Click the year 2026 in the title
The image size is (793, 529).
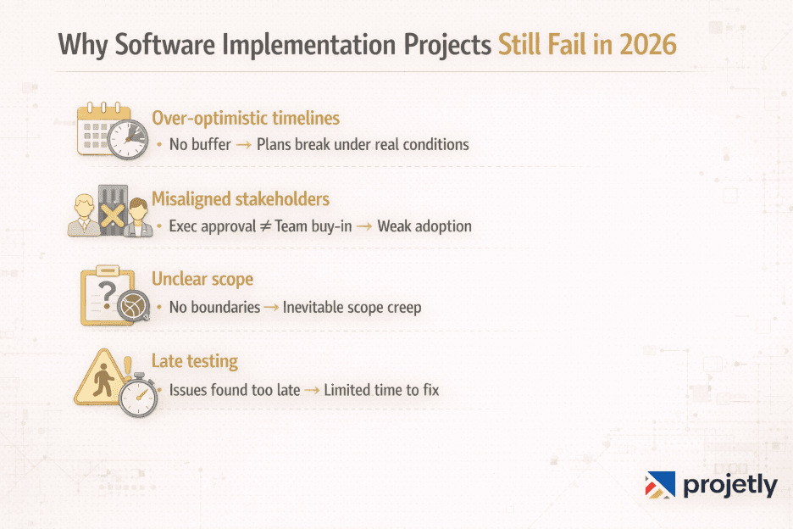(x=646, y=45)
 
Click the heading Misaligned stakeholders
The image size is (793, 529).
(x=241, y=198)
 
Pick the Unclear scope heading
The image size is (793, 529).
(x=202, y=279)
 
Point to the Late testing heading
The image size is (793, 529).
(x=195, y=361)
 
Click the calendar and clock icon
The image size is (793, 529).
(x=111, y=131)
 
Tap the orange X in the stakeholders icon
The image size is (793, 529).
(x=111, y=215)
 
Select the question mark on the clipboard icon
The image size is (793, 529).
(x=107, y=292)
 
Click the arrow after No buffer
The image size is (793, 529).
(x=243, y=145)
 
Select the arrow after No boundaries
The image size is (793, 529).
(x=271, y=308)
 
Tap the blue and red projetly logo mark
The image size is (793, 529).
(x=660, y=485)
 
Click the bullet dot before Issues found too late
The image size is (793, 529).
(x=159, y=391)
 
